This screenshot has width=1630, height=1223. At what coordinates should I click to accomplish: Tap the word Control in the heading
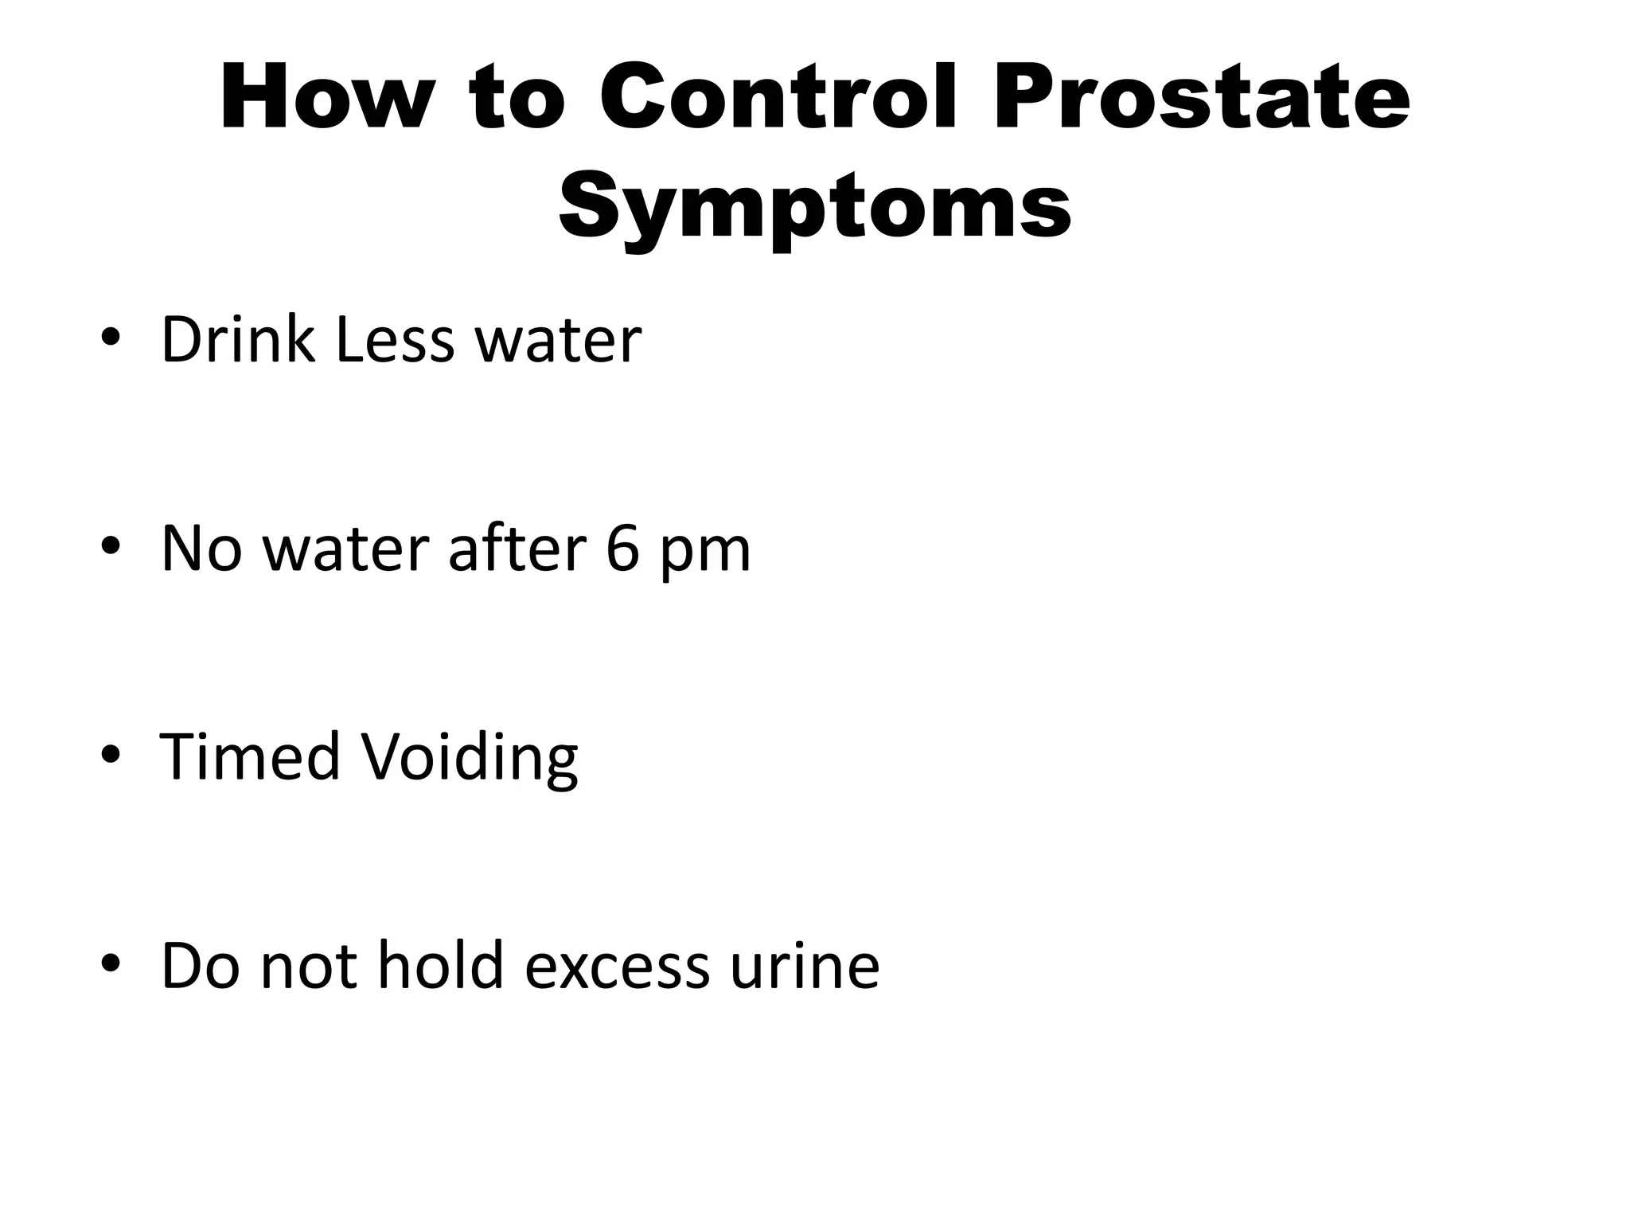point(778,99)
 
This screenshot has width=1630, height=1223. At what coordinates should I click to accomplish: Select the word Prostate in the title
point(1202,99)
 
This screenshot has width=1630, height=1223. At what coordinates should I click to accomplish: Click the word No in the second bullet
point(201,549)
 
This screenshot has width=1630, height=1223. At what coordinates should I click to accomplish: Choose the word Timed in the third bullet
point(250,756)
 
